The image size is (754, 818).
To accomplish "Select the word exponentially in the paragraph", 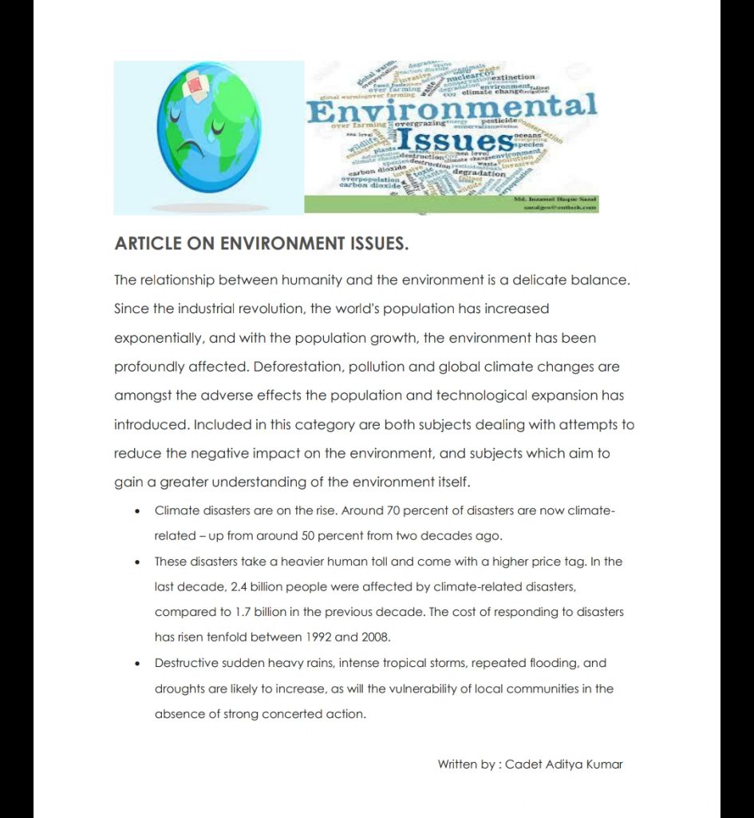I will point(159,339).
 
